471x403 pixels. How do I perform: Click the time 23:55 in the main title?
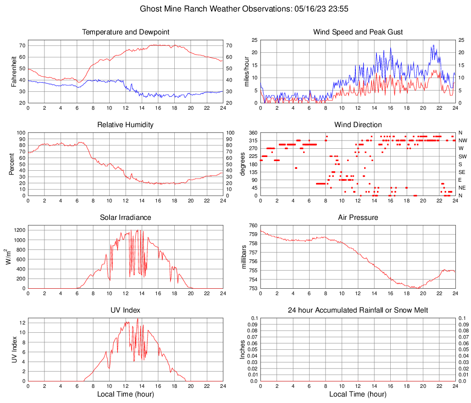329,9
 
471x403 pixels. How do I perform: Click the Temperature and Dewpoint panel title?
125,32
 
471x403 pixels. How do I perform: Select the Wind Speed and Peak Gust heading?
358,32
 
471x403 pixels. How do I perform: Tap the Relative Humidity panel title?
125,125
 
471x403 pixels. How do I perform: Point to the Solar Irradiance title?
125,218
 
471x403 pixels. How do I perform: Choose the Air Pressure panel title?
358,218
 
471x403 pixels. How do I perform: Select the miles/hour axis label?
248,71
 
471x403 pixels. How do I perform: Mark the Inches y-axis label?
243,349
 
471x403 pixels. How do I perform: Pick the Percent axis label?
12,164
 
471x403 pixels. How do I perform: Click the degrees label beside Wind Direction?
243,164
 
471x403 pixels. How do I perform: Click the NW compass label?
462,140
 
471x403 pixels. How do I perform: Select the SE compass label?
462,172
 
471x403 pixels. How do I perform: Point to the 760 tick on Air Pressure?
253,225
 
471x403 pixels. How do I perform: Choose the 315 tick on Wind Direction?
253,140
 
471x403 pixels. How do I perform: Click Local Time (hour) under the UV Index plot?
125,394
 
